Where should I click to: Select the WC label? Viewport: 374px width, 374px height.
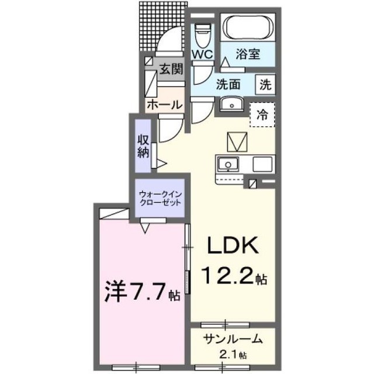203,54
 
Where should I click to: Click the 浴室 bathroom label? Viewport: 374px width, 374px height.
248,54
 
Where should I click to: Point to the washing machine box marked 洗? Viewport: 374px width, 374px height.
265,85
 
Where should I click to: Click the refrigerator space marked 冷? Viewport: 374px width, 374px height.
262,115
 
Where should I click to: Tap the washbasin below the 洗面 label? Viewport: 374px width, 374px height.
231,104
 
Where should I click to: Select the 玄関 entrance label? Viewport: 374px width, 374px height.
171,69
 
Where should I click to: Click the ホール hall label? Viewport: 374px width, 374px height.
165,105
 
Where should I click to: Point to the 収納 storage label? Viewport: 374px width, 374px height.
143,146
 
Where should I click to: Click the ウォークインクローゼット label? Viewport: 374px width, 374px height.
160,199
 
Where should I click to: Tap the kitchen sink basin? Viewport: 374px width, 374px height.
228,164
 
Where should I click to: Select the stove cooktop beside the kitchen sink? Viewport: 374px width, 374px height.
262,164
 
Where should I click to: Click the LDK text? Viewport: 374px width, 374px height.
233,245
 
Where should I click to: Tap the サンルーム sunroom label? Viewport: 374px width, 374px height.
233,340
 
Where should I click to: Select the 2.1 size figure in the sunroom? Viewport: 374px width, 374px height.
231,355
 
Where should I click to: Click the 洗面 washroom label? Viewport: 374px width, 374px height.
228,85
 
